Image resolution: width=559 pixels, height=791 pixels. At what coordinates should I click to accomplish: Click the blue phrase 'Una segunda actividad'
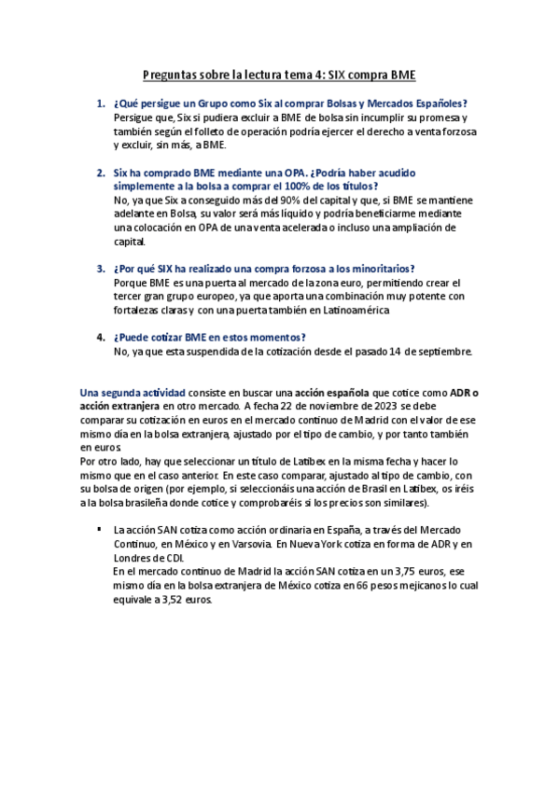coord(133,393)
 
